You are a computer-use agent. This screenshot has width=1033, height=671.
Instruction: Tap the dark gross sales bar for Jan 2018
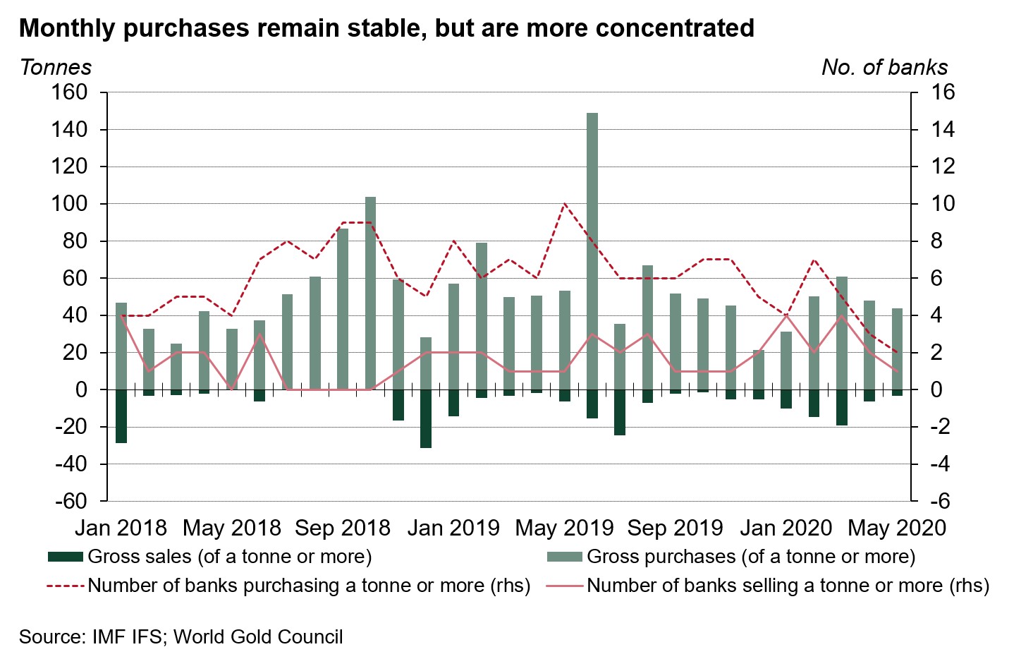coord(121,416)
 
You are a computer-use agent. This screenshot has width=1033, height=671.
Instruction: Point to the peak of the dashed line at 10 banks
coord(565,205)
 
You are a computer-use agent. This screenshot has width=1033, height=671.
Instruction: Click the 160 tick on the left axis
coord(68,92)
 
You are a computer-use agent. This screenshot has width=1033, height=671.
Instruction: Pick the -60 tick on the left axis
coord(68,502)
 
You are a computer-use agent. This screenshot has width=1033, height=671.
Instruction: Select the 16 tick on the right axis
coord(942,92)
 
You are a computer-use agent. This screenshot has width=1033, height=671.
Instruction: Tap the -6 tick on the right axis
coord(942,502)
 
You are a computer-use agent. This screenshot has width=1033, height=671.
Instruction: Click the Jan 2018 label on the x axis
coord(121,528)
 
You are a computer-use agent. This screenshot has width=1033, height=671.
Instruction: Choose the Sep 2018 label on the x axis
coord(343,528)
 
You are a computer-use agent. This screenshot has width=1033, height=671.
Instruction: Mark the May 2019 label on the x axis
coord(565,528)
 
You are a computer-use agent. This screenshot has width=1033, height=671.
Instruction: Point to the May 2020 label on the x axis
coord(897,528)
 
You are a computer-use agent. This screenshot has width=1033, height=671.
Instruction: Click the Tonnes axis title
coord(56,67)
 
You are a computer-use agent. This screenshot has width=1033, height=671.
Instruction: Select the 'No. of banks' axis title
coord(884,67)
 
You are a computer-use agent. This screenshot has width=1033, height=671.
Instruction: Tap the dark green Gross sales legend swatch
coord(65,557)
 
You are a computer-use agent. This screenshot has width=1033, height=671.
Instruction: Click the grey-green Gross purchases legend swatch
coord(565,557)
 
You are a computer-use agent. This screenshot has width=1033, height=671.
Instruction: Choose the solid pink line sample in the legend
coord(565,586)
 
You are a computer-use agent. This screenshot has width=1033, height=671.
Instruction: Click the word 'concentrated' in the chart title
coord(675,28)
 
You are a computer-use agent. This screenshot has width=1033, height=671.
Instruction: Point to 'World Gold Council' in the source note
coord(258,636)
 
